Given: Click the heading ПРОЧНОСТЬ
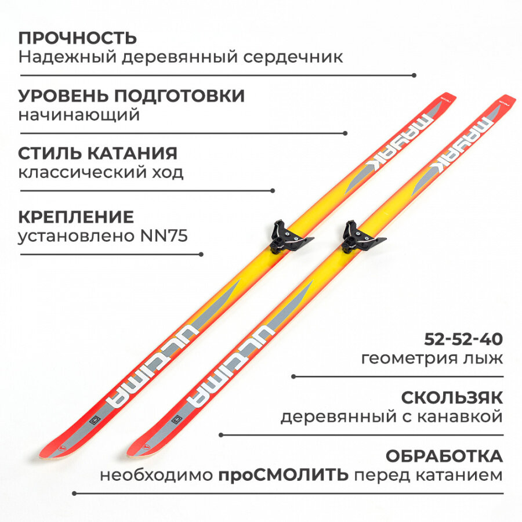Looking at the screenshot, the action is [78, 38].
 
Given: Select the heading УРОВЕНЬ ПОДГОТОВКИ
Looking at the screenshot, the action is [131, 96].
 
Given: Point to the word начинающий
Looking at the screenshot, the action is [79, 115].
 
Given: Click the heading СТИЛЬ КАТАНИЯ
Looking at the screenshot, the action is [97, 153].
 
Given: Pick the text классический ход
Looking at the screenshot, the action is [101, 172].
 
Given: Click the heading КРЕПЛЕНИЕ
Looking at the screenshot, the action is [76, 217].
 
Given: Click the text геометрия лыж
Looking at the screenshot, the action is [432, 358].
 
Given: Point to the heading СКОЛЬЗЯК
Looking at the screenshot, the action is [452, 398].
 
